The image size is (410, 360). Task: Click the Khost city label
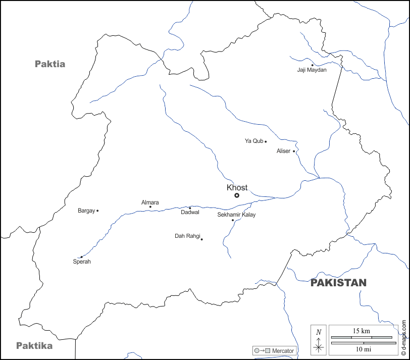tap(237, 187)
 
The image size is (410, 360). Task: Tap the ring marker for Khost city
tap(237, 195)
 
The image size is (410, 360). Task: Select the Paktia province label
tap(50, 64)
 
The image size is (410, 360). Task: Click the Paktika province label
tap(34, 346)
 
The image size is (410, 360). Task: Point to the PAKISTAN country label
tap(338, 283)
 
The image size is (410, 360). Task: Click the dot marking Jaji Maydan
tap(312, 65)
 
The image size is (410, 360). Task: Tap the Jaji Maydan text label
tap(312, 70)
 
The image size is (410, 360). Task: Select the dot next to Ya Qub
tap(266, 141)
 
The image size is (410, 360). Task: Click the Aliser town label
tap(283, 151)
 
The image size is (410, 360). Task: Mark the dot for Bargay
tap(97, 211)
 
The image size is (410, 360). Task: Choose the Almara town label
tap(150, 202)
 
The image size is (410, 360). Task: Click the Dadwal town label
tap(190, 213)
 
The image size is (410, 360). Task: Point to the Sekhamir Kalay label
tap(236, 215)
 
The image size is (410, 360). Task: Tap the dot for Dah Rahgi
tap(201, 239)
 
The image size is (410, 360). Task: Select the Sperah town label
tap(82, 262)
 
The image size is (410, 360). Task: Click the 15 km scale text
tap(361, 331)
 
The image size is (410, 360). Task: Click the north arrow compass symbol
tap(318, 339)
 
